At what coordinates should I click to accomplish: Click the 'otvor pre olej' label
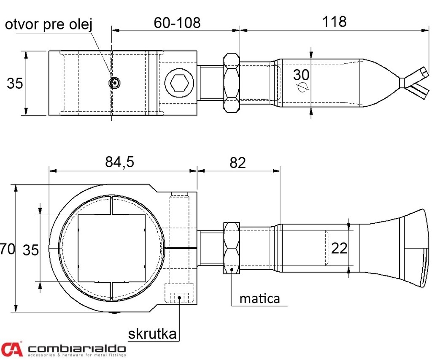tap(49, 24)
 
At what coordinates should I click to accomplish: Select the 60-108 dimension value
tap(177, 23)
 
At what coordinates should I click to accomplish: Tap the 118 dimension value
tap(334, 22)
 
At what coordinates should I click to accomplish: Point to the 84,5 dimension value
tap(119, 162)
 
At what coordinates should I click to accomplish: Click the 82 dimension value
tap(238, 162)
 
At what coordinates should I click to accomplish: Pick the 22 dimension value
tap(339, 248)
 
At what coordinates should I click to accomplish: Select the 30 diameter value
tap(301, 75)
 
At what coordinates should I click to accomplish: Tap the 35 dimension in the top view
tap(15, 84)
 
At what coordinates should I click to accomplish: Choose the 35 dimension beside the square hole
tap(30, 250)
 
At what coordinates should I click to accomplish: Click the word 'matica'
tap(259, 298)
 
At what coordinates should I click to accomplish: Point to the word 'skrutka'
tap(152, 334)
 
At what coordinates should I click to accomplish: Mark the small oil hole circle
tap(114, 83)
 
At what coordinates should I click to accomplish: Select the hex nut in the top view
tap(231, 83)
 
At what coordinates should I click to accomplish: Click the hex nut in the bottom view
tap(231, 248)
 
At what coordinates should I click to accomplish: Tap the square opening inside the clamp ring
tap(111, 248)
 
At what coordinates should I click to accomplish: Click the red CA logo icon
tap(11, 349)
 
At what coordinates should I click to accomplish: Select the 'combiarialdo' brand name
tap(77, 349)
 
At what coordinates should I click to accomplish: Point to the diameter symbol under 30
tap(302, 87)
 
